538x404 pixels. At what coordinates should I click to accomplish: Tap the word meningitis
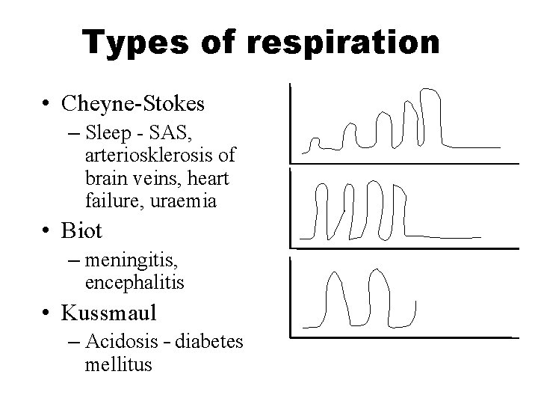pos(131,261)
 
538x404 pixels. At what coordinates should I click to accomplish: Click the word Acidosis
pos(116,342)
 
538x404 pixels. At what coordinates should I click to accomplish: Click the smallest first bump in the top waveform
pos(315,141)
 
